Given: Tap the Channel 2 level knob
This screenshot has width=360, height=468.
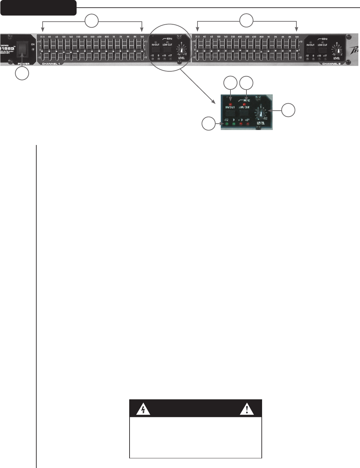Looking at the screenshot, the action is (x=338, y=50).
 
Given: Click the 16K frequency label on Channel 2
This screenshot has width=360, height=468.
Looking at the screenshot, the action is (x=297, y=37).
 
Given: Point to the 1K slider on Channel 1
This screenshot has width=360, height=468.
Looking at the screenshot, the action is (x=114, y=50).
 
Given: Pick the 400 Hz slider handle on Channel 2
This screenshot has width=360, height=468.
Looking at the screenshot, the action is (x=240, y=50).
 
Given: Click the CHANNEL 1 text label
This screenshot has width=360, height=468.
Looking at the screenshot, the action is (x=51, y=64).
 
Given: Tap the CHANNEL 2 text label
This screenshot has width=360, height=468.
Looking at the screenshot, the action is (x=331, y=64).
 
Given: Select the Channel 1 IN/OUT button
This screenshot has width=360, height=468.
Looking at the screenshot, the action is (x=156, y=50).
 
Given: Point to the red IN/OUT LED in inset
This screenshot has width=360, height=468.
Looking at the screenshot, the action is (x=230, y=100).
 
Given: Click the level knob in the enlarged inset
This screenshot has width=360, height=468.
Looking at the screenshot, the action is (x=261, y=114).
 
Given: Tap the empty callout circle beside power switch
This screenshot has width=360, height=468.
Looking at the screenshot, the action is (x=22, y=73).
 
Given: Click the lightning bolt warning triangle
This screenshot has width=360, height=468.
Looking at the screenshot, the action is (x=143, y=409).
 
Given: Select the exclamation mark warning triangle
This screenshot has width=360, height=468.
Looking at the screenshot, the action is (x=247, y=409).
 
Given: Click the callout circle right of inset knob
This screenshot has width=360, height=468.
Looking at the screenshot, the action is (x=288, y=110).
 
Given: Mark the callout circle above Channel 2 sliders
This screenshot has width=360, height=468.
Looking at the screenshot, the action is (x=246, y=20).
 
